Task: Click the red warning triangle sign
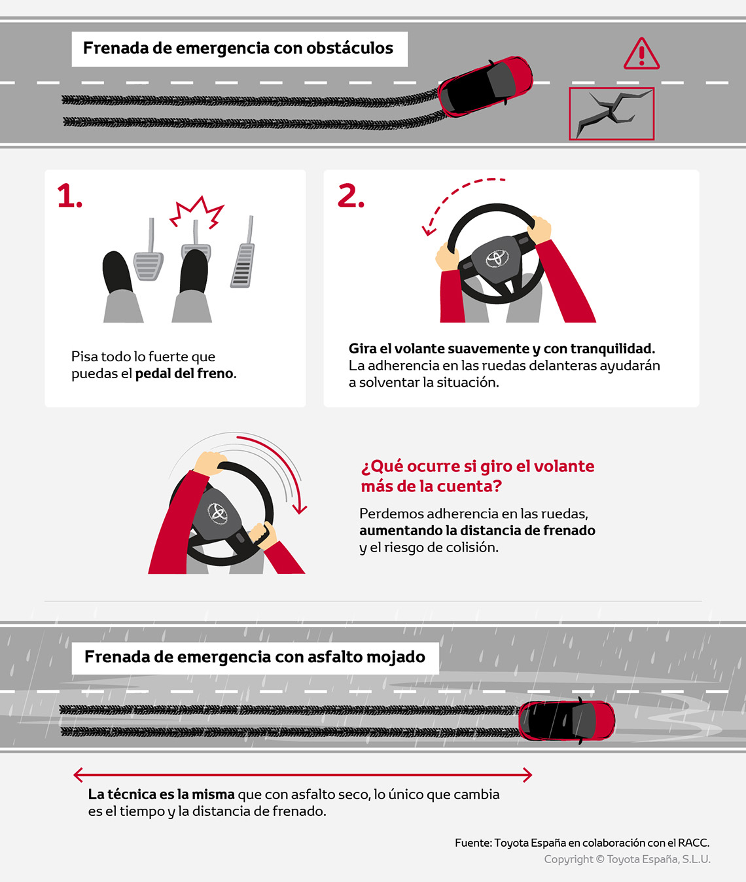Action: pyautogui.click(x=641, y=54)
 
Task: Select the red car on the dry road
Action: pyautogui.click(x=486, y=86)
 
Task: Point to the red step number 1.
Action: pyautogui.click(x=69, y=196)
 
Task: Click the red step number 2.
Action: pyautogui.click(x=351, y=196)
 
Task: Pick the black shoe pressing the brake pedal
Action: pyautogui.click(x=194, y=272)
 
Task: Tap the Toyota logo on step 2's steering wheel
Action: pyautogui.click(x=497, y=258)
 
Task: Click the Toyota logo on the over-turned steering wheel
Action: pyautogui.click(x=217, y=512)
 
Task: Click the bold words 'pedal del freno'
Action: pyautogui.click(x=184, y=374)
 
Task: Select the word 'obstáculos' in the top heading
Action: pyautogui.click(x=349, y=48)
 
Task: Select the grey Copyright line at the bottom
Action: pyautogui.click(x=627, y=859)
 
